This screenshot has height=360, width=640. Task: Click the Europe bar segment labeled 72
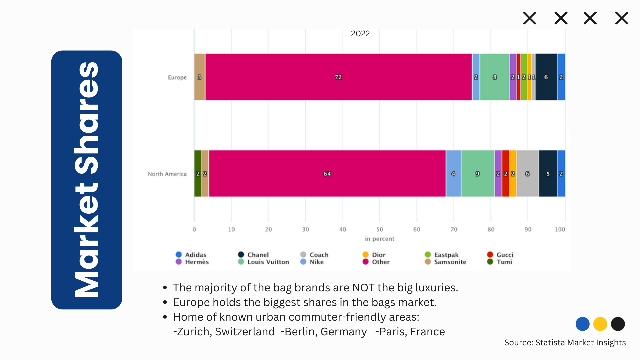pyautogui.click(x=338, y=77)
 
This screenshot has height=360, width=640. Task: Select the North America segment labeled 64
pyautogui.click(x=327, y=174)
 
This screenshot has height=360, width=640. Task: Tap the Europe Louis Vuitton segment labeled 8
pyautogui.click(x=494, y=77)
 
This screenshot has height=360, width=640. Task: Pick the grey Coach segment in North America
pyautogui.click(x=527, y=174)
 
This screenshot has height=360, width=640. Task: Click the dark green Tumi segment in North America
pyautogui.click(x=198, y=174)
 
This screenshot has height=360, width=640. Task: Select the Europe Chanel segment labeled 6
pyautogui.click(x=546, y=77)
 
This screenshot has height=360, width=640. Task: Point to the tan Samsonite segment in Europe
pyautogui.click(x=199, y=77)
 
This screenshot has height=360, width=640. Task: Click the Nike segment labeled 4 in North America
pyautogui.click(x=453, y=174)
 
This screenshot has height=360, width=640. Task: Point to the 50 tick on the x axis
pyautogui.click(x=380, y=229)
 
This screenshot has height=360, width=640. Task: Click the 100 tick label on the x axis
pyautogui.click(x=560, y=229)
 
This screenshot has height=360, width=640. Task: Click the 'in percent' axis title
pyautogui.click(x=380, y=239)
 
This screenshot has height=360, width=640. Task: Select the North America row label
pyautogui.click(x=167, y=174)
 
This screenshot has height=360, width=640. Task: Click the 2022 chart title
pyautogui.click(x=360, y=34)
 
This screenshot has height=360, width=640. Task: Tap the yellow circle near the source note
pyautogui.click(x=600, y=324)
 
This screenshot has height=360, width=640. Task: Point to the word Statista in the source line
pyautogui.click(x=550, y=343)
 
